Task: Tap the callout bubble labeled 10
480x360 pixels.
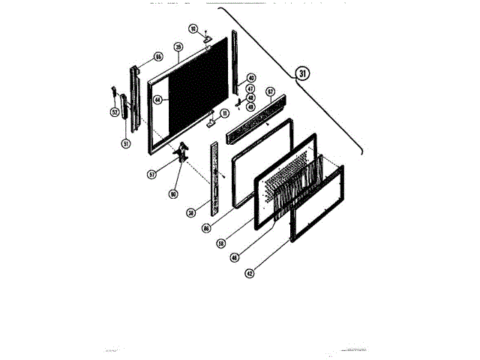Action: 193,29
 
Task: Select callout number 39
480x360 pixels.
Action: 178,46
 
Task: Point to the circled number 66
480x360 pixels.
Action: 158,57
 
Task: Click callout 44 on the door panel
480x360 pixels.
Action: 157,99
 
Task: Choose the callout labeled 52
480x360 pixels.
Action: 114,112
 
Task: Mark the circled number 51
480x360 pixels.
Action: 125,144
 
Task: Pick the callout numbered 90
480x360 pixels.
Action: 173,194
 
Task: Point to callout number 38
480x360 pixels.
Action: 191,212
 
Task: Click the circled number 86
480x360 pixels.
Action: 206,228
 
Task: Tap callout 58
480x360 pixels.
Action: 221,244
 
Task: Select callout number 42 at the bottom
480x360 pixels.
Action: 248,273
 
